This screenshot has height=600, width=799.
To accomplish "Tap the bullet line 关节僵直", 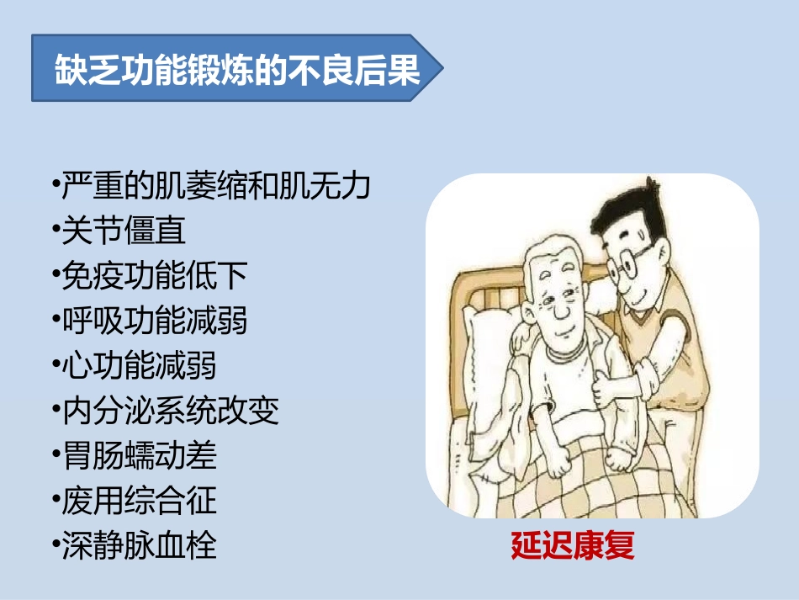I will click(124, 230).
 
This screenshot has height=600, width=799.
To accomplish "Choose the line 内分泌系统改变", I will click(170, 412).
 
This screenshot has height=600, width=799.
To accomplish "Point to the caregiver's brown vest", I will click(664, 337).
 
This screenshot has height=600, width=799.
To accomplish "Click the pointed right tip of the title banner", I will click(437, 69).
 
